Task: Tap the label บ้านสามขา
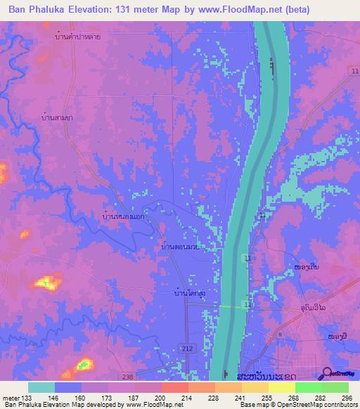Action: (x=58, y=117)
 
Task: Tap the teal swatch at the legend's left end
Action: (x=41, y=387)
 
